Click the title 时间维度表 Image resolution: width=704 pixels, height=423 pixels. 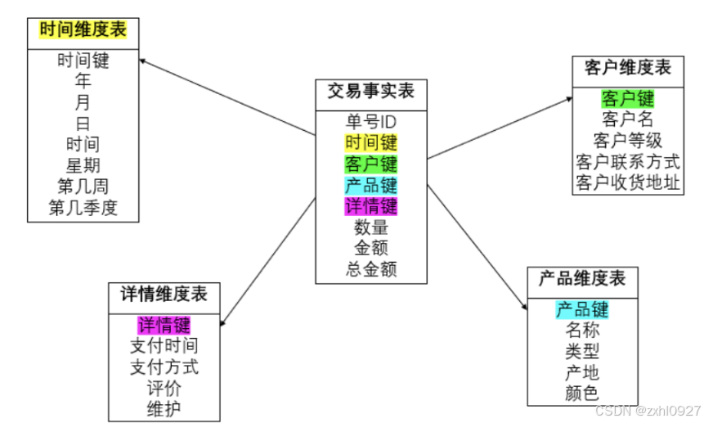pyautogui.click(x=83, y=32)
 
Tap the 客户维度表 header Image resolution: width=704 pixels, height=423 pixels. pyautogui.click(x=628, y=68)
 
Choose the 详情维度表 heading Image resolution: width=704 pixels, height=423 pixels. pyautogui.click(x=164, y=294)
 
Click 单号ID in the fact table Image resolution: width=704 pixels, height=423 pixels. pyautogui.click(x=371, y=122)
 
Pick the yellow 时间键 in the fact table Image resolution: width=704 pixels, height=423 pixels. pyautogui.click(x=371, y=143)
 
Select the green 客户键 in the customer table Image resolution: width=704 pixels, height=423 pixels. pyautogui.click(x=628, y=99)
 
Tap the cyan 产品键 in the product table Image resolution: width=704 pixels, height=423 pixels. pyautogui.click(x=582, y=309)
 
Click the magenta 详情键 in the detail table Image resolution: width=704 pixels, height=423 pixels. pyautogui.click(x=164, y=324)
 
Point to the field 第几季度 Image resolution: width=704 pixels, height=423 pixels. pyautogui.click(x=83, y=208)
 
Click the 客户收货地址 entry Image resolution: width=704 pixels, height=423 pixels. pyautogui.click(x=628, y=182)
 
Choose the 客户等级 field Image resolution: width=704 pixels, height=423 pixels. pyautogui.click(x=628, y=140)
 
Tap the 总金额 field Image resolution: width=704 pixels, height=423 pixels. pyautogui.click(x=371, y=269)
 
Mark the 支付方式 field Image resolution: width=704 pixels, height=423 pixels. pyautogui.click(x=164, y=366)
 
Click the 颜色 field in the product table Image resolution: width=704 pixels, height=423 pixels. pyautogui.click(x=582, y=393)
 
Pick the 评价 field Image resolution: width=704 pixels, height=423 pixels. pyautogui.click(x=164, y=387)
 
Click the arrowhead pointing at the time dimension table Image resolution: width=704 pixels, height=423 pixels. pyautogui.click(x=142, y=61)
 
